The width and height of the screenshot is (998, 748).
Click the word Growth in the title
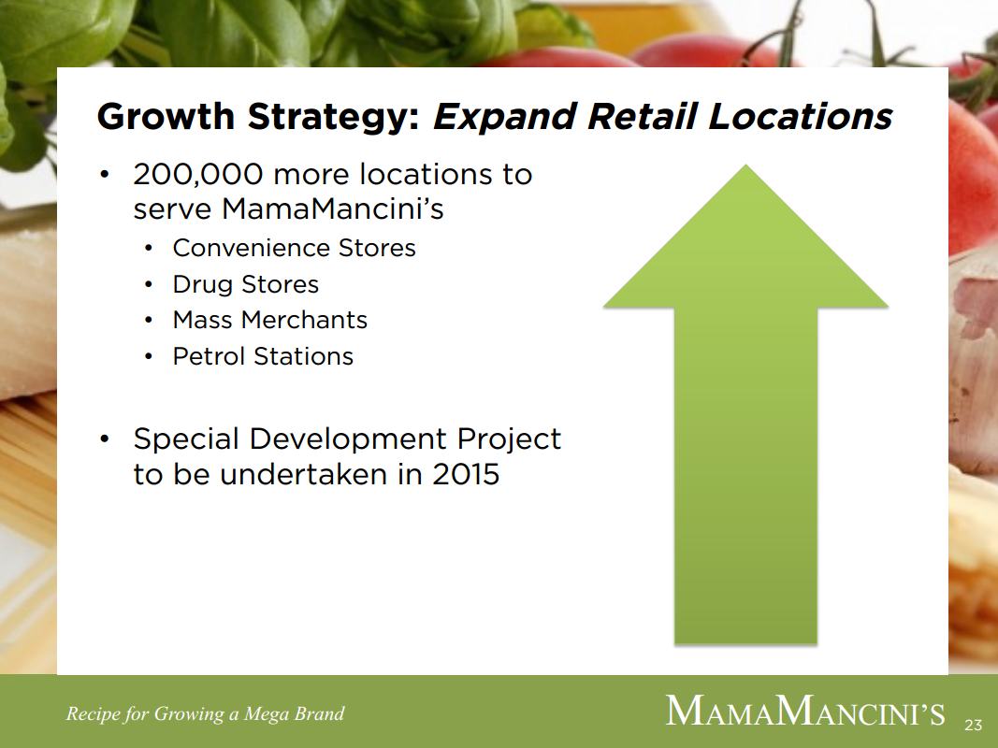click(x=166, y=116)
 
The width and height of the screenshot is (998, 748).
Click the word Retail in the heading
click(x=643, y=116)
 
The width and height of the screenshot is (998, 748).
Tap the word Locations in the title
click(x=800, y=116)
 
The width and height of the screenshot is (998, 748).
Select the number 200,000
click(x=198, y=175)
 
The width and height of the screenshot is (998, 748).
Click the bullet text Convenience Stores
click(x=294, y=248)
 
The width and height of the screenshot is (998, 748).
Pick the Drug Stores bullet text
click(x=246, y=284)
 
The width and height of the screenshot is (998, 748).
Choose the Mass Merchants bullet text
click(x=270, y=319)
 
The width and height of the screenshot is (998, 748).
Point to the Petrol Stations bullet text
click(x=263, y=356)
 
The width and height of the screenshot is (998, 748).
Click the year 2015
click(x=466, y=474)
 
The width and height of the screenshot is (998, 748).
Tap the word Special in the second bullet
click(x=186, y=439)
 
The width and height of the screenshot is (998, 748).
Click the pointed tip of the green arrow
click(x=745, y=165)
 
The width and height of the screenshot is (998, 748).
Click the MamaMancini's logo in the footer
click(x=805, y=711)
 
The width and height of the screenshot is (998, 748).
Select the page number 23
click(x=973, y=725)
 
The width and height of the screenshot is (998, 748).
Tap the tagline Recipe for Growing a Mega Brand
click(x=205, y=713)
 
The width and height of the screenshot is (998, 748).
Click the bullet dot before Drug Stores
click(x=149, y=285)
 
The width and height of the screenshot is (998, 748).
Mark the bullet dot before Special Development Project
click(x=105, y=439)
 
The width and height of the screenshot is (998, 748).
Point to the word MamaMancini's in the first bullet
click(x=332, y=209)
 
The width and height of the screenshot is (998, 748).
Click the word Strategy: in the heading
click(x=334, y=117)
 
